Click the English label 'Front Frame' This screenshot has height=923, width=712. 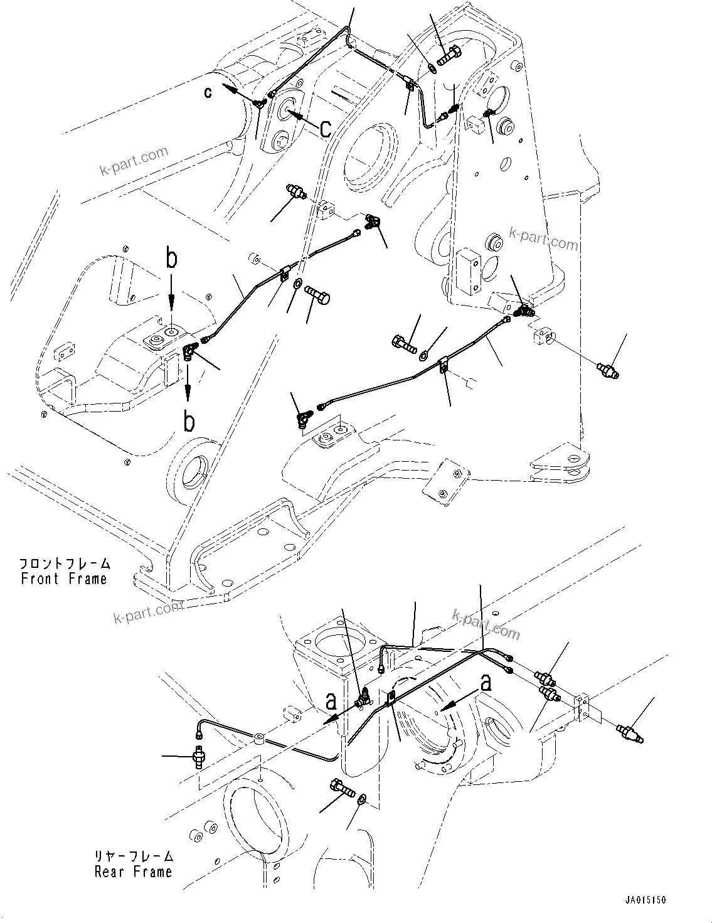tap(64, 579)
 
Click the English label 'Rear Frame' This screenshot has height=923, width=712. tap(133, 872)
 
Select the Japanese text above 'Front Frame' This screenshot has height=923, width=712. tap(64, 563)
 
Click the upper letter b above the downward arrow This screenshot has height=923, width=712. tap(171, 259)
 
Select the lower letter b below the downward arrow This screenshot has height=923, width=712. tap(188, 422)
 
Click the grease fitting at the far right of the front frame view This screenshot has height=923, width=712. tap(608, 370)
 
